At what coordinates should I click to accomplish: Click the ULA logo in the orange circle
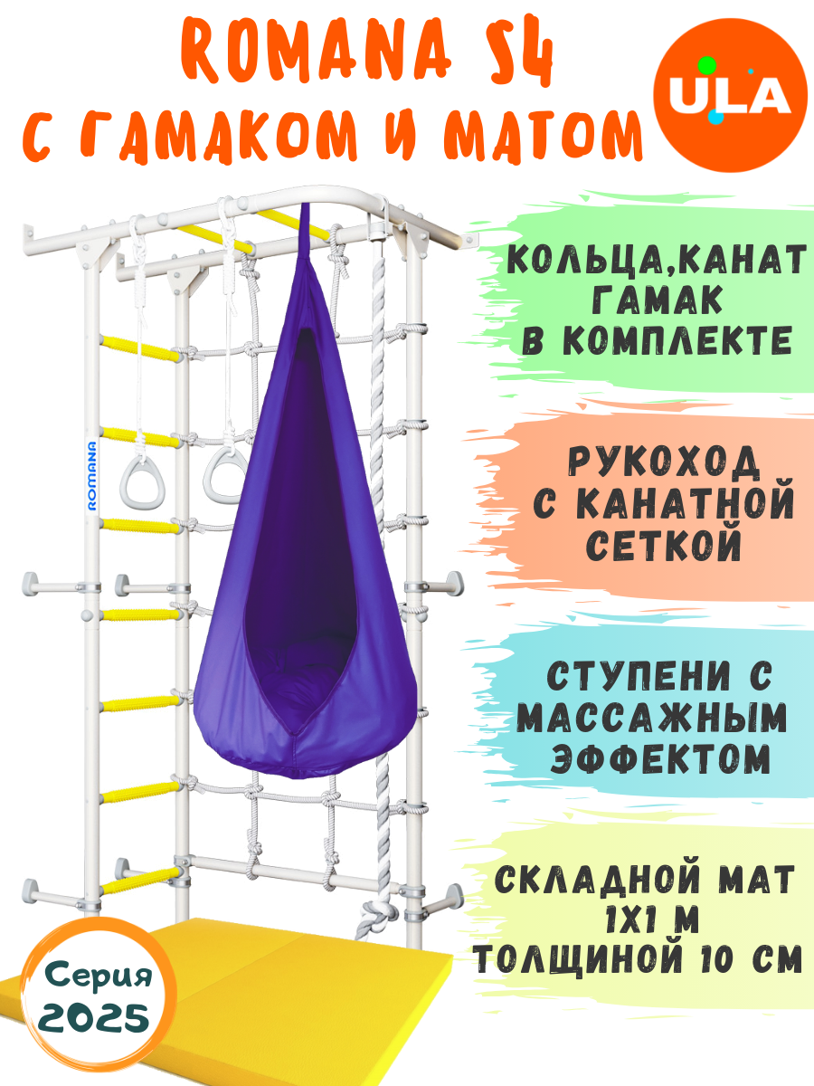tap(734, 96)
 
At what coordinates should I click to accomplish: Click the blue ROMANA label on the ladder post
tap(92, 475)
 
